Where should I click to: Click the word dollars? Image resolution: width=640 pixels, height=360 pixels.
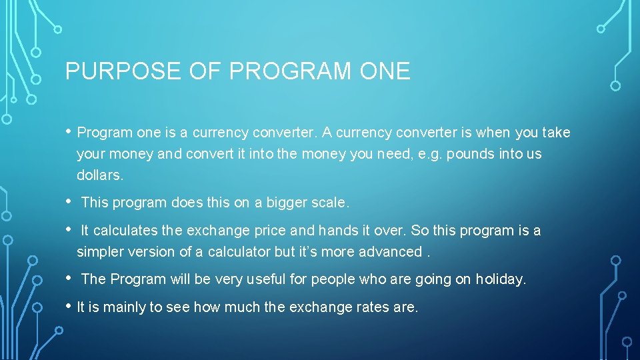100,176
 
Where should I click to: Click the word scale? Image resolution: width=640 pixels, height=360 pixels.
328,201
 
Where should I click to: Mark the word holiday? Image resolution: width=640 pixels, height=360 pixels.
500,279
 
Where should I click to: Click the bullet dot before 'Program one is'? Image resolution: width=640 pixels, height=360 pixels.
69,131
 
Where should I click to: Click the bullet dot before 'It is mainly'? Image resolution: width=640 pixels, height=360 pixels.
69,306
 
